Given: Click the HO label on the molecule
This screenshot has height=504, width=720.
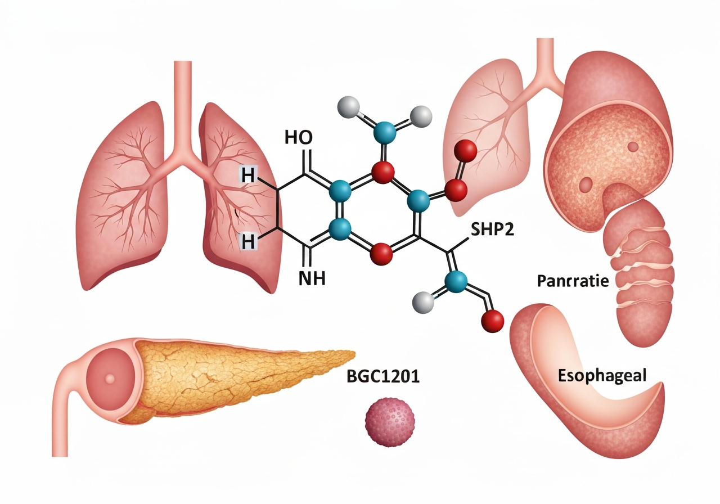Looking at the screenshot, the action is coord(299,138).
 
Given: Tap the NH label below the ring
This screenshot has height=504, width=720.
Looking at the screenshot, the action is coord(312,278).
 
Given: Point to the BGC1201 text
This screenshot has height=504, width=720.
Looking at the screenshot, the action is coord(384,376).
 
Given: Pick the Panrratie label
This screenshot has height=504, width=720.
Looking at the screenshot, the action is coord(573,281).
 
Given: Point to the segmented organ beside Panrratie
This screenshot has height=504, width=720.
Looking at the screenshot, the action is coord(638,273).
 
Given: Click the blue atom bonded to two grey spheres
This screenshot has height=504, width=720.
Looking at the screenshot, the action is coord(385,131).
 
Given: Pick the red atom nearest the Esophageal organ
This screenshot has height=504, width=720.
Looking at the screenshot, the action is coord(492,321).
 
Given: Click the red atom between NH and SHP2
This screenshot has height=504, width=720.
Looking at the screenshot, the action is coord(381,254).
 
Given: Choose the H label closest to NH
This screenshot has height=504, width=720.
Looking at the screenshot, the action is coord(247,242).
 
